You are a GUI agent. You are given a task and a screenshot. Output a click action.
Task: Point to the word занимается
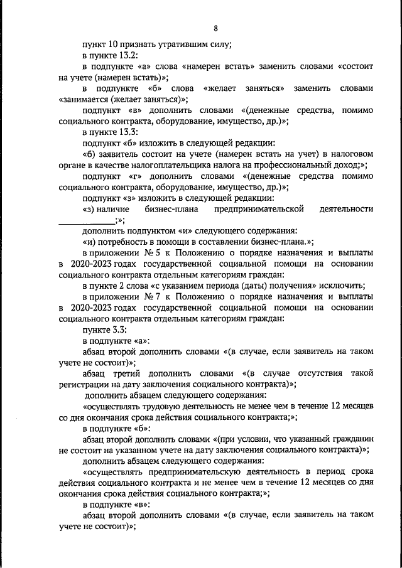pyautogui.click(x=85, y=99)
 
